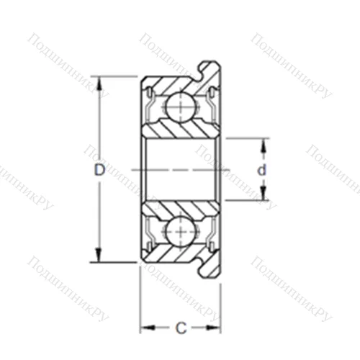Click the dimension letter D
(99, 170)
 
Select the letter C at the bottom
(181, 328)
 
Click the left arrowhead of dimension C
(145, 328)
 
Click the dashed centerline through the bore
(180, 169)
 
